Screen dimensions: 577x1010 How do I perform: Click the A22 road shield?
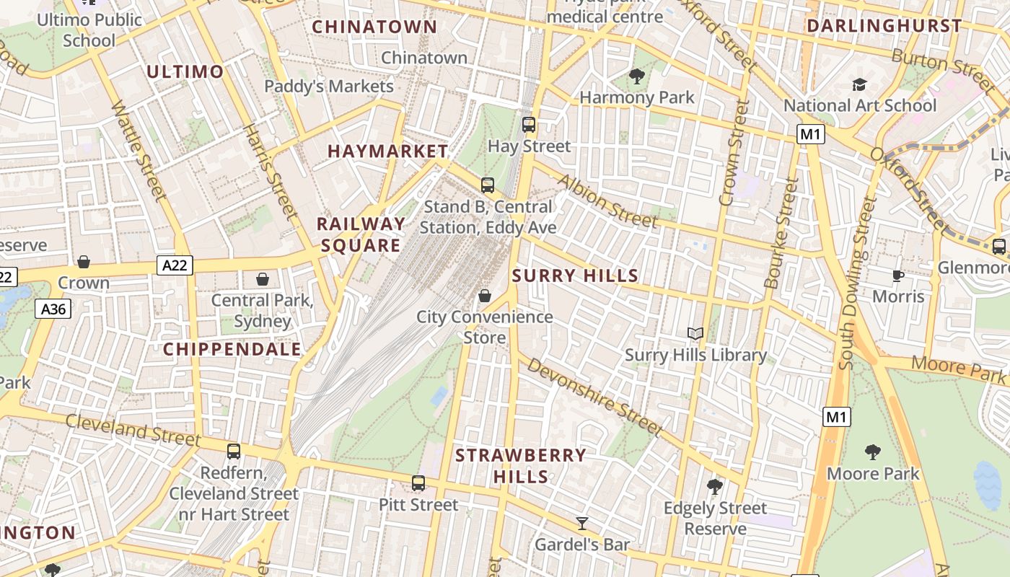(x=175, y=265)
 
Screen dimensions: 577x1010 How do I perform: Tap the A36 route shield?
(x=53, y=309)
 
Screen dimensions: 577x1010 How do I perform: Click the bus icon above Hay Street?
(x=529, y=125)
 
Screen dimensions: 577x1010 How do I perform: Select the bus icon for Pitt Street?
(x=418, y=483)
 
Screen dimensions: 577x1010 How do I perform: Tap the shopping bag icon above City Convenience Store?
(x=485, y=296)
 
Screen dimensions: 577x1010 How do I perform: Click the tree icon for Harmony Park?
(x=636, y=76)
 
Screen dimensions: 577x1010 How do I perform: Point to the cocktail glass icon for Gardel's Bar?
(x=582, y=524)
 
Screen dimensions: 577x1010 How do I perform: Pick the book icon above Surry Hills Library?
(x=695, y=333)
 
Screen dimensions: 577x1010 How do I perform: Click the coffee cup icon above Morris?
(x=898, y=276)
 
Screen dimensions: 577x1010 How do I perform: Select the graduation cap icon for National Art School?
(x=859, y=85)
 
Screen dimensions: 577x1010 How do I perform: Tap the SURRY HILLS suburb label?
(x=575, y=276)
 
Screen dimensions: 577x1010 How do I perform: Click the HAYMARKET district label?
(x=387, y=151)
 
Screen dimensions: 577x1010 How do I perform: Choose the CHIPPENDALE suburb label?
(x=232, y=349)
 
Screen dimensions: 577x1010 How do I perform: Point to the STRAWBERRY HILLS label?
(x=521, y=466)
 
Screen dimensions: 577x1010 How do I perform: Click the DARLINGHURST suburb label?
(x=884, y=26)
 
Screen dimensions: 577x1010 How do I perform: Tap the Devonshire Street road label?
(x=594, y=396)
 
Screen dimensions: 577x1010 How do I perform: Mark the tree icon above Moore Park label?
(x=872, y=452)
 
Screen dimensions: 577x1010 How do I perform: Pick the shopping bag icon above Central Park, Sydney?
(x=263, y=279)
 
